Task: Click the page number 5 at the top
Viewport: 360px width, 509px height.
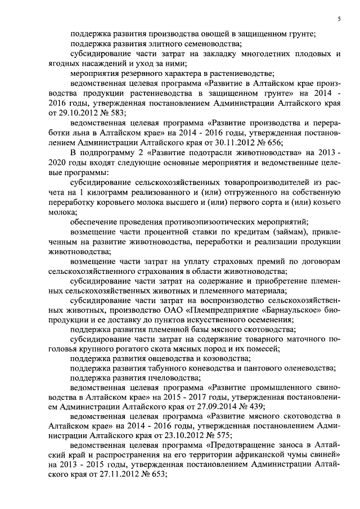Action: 340,19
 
